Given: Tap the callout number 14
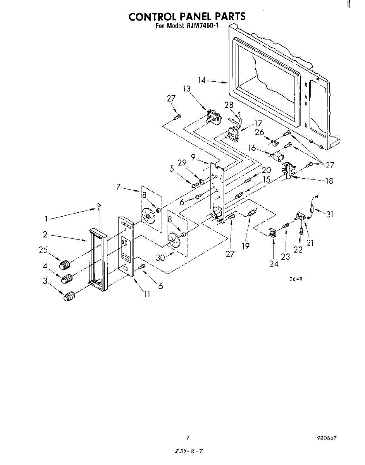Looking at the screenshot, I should click(201, 81).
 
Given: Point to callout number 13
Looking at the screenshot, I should click(187, 89).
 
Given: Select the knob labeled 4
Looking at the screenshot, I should click(67, 278).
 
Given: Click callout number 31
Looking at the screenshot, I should click(329, 214).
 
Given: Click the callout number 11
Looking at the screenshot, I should click(147, 294).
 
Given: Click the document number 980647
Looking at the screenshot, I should click(326, 438).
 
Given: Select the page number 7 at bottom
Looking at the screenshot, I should click(188, 438).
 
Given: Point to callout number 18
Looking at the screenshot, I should click(329, 181).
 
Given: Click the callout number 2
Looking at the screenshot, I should click(45, 234).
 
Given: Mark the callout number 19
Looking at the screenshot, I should click(245, 246).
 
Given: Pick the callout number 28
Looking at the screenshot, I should click(229, 105).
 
